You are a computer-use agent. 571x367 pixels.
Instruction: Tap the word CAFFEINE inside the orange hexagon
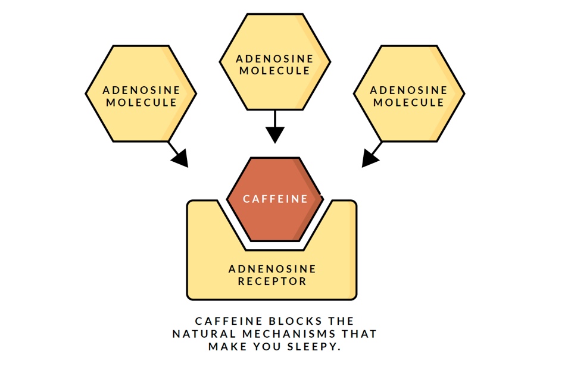click(276, 199)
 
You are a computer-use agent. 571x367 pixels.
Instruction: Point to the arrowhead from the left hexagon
click(179, 158)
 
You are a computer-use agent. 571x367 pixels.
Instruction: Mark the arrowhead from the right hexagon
click(370, 158)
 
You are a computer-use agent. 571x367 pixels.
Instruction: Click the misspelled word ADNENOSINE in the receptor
click(272, 269)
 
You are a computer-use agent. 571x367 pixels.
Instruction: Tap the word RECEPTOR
click(272, 281)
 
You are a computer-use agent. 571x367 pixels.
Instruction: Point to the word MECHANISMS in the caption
click(281, 334)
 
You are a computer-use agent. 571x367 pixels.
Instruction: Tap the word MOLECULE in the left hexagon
click(141, 102)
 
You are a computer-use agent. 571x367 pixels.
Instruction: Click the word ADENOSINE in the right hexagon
click(408, 90)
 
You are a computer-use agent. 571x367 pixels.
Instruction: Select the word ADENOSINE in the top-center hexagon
click(274, 59)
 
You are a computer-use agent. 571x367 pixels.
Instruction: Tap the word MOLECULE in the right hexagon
click(408, 102)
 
